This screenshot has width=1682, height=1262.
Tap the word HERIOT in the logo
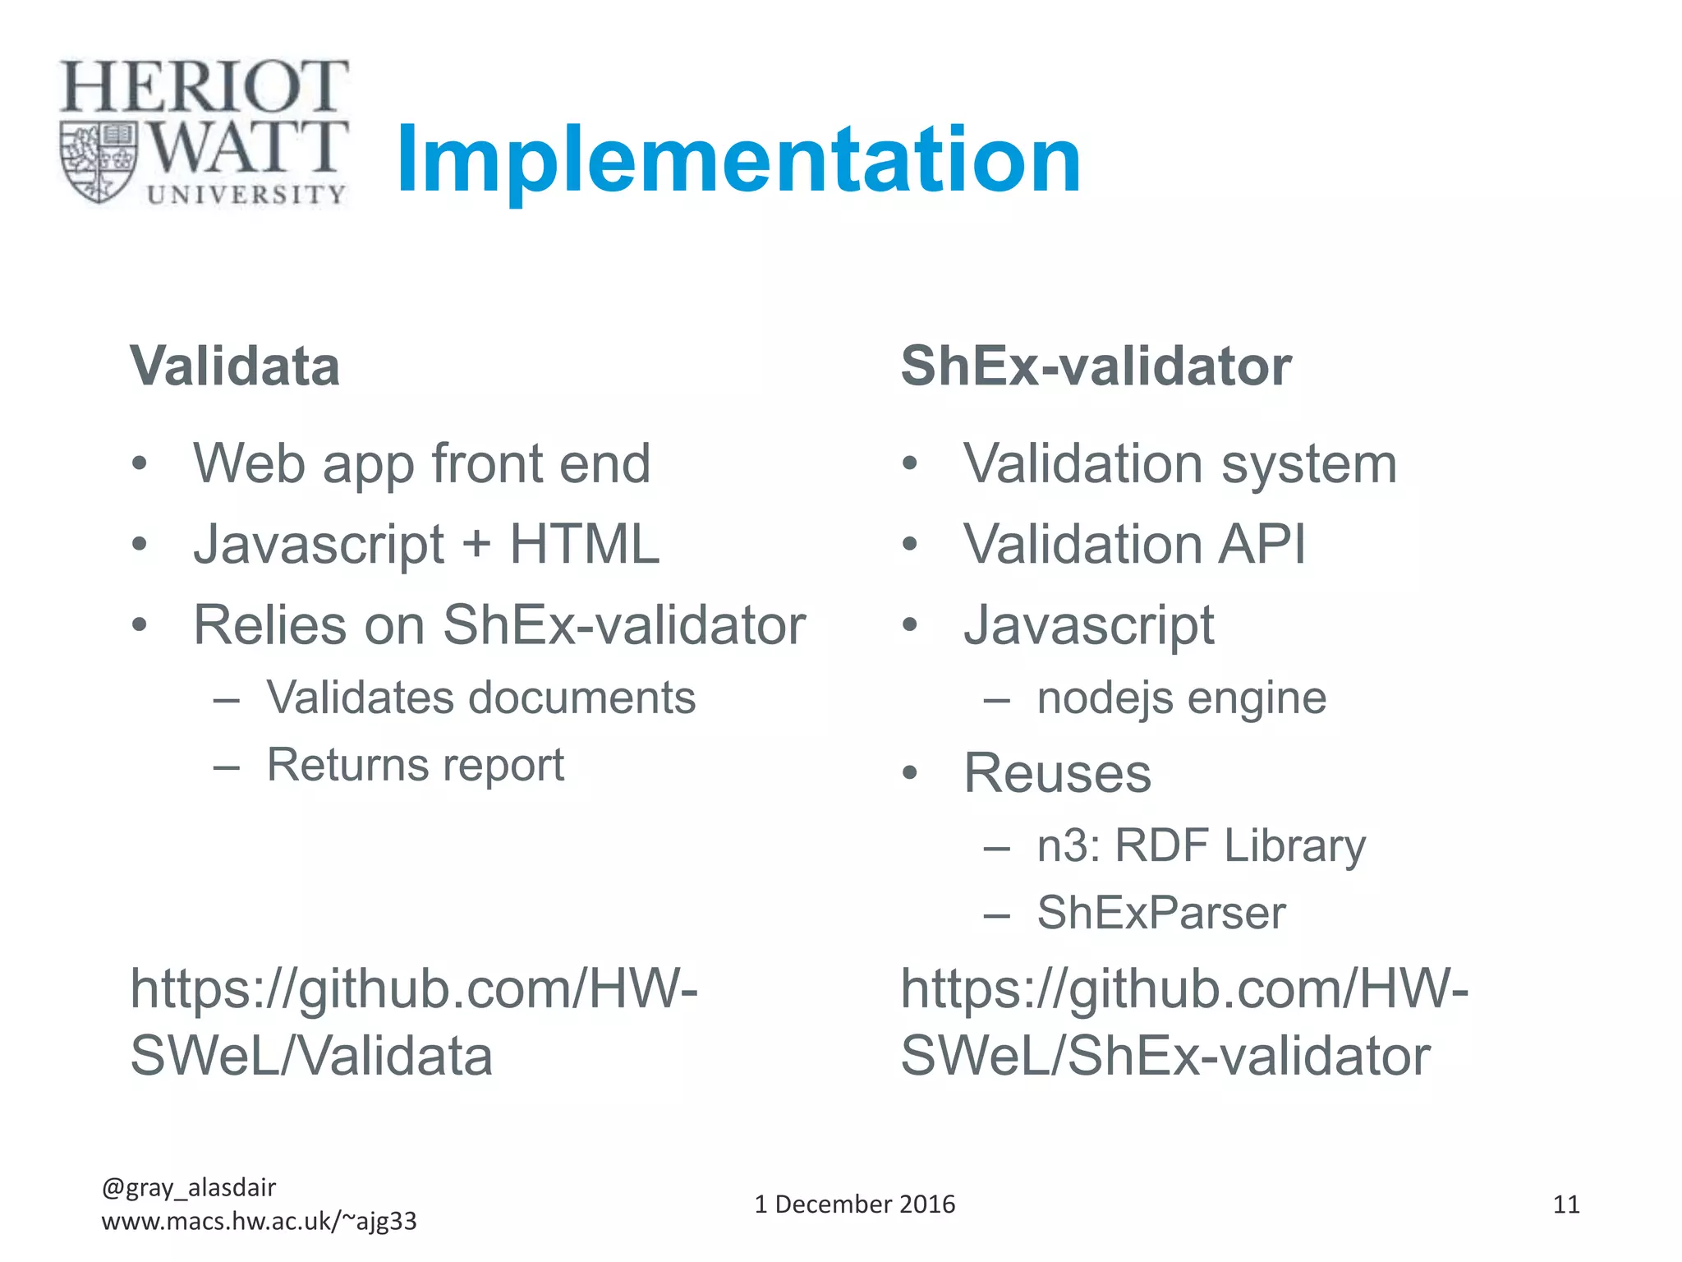204,87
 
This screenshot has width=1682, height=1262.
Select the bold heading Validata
235,366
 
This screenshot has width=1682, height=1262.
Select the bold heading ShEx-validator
1096,366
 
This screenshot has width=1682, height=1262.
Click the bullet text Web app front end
421,464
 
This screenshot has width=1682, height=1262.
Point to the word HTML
584,544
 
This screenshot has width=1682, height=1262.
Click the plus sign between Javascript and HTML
476,546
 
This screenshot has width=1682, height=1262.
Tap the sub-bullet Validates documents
480,698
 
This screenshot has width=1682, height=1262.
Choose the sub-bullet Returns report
416,766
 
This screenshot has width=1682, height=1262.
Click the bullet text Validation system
1179,464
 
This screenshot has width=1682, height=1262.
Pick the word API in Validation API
1261,544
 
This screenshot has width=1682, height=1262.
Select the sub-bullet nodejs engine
1181,698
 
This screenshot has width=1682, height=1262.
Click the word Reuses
1057,773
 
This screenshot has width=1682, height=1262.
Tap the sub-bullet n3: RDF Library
1201,845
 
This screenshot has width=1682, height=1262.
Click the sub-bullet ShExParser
1160,913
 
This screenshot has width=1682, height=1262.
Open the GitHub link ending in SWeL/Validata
413,1022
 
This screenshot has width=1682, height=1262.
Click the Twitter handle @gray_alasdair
189,1187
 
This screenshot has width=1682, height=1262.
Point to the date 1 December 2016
854,1204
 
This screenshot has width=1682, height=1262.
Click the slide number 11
1565,1205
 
